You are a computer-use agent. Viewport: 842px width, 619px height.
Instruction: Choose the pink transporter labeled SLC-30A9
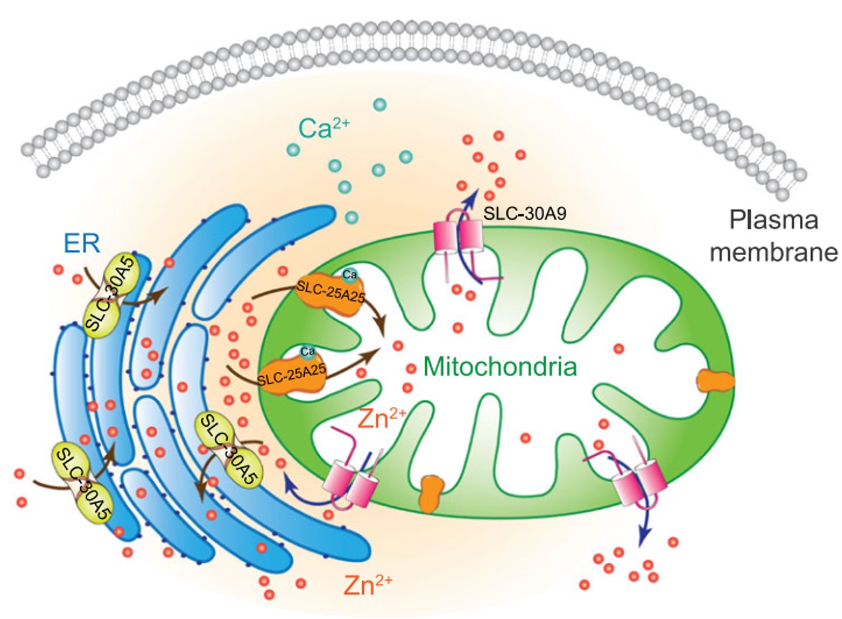(461, 237)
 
